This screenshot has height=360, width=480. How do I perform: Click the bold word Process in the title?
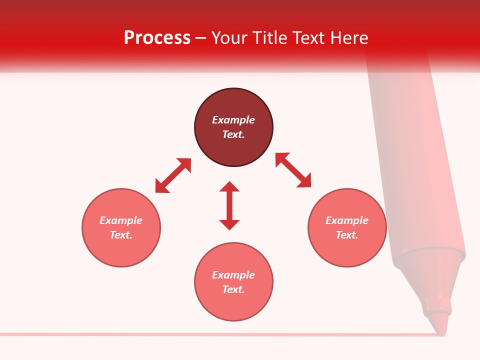click(x=157, y=38)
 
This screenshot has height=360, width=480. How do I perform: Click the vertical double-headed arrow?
click(x=229, y=205)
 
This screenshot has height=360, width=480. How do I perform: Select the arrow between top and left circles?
click(x=173, y=175)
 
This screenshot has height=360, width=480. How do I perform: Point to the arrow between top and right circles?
click(x=293, y=170)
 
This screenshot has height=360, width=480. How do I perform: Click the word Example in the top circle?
click(x=233, y=120)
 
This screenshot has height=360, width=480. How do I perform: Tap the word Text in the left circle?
click(x=121, y=235)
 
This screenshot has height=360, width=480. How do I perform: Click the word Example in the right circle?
click(x=347, y=220)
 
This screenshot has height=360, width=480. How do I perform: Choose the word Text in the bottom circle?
click(x=233, y=289)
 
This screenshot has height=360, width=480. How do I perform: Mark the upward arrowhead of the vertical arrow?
click(x=229, y=187)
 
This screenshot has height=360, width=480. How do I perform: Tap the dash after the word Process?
click(x=201, y=38)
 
